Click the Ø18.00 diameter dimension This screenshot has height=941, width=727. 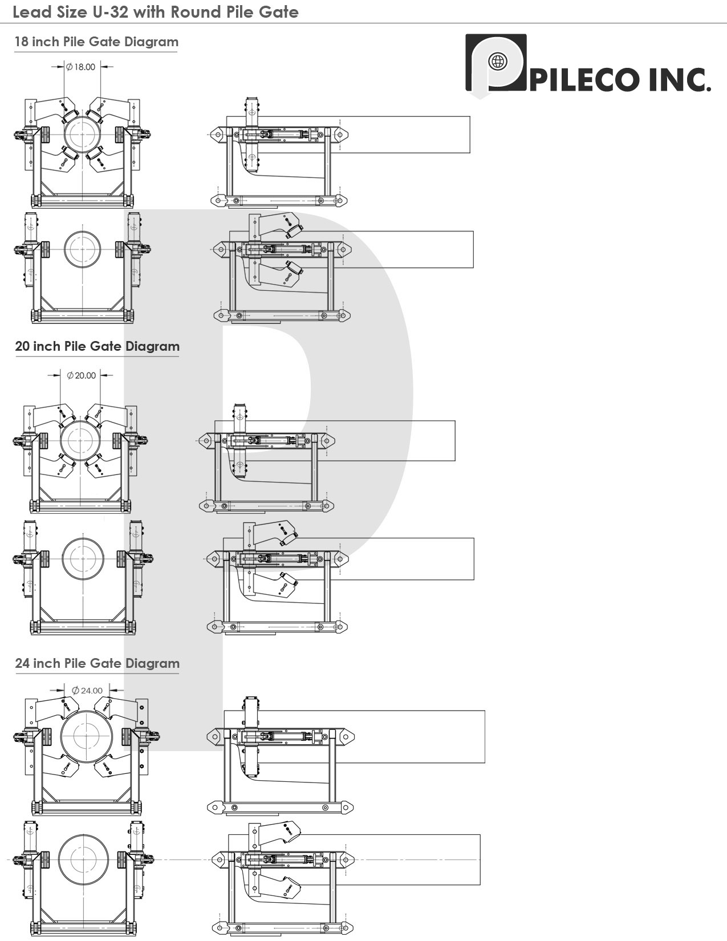81,67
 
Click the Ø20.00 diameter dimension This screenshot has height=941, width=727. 82,375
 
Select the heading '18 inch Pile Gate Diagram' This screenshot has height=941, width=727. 96,42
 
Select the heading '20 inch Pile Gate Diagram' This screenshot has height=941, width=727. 97,346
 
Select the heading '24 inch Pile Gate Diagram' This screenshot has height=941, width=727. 97,663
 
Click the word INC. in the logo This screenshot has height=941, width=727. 680,80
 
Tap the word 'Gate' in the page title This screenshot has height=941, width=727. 279,12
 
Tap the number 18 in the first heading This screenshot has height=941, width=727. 21,42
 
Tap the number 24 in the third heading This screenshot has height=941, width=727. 22,663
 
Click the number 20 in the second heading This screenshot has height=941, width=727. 22,346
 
